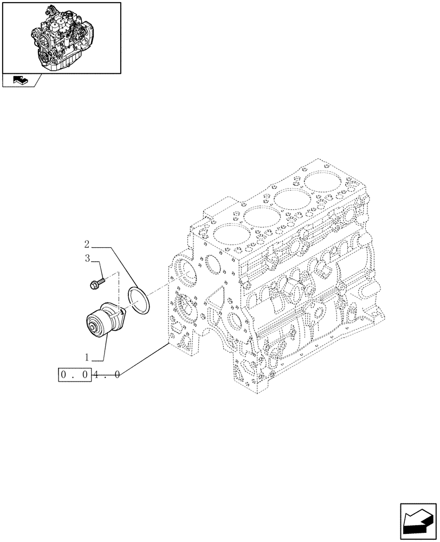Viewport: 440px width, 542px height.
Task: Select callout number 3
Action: tap(88, 259)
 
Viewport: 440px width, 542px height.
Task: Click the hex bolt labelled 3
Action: tap(95, 283)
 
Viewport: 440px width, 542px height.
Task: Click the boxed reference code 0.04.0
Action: tap(89, 374)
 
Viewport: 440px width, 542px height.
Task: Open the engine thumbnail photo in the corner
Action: tap(61, 37)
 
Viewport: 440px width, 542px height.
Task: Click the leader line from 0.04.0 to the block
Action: tap(144, 358)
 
